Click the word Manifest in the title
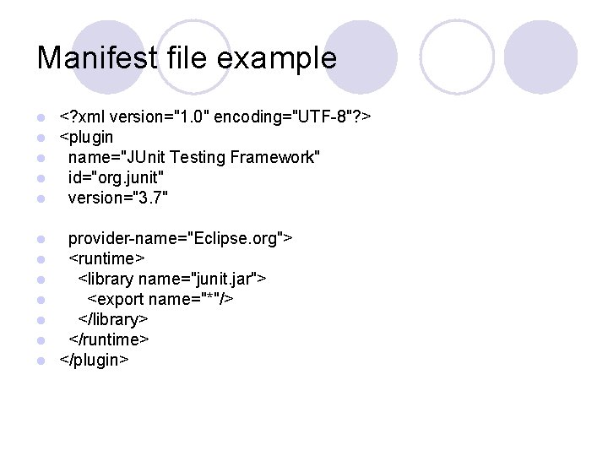point(97,58)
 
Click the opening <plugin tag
point(86,137)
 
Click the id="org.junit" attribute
point(117,177)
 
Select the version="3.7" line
point(118,198)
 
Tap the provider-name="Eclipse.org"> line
point(180,238)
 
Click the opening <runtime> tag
point(106,258)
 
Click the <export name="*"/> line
point(160,299)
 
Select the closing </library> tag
point(113,319)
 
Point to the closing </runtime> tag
point(109,339)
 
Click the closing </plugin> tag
point(94,360)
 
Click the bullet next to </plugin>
point(41,361)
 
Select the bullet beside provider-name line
point(41,239)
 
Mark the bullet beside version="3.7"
point(41,198)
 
